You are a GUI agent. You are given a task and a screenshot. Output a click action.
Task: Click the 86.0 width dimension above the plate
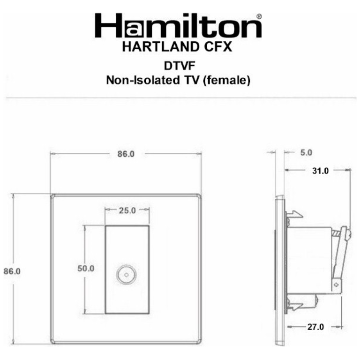tap(125, 154)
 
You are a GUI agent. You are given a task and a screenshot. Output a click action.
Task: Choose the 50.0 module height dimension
tap(86, 269)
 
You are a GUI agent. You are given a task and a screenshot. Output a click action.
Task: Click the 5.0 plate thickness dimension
tap(305, 153)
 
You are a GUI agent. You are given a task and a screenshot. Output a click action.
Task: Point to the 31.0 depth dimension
tap(320, 171)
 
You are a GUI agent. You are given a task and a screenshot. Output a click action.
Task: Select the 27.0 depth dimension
tap(315, 327)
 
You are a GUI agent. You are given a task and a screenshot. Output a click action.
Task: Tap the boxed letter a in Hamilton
tap(129, 27)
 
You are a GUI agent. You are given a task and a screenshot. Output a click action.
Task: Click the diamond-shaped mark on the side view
tap(336, 284)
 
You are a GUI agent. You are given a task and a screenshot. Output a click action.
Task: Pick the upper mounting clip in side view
tap(293, 215)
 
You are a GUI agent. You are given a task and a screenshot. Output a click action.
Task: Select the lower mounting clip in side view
tap(293, 306)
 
